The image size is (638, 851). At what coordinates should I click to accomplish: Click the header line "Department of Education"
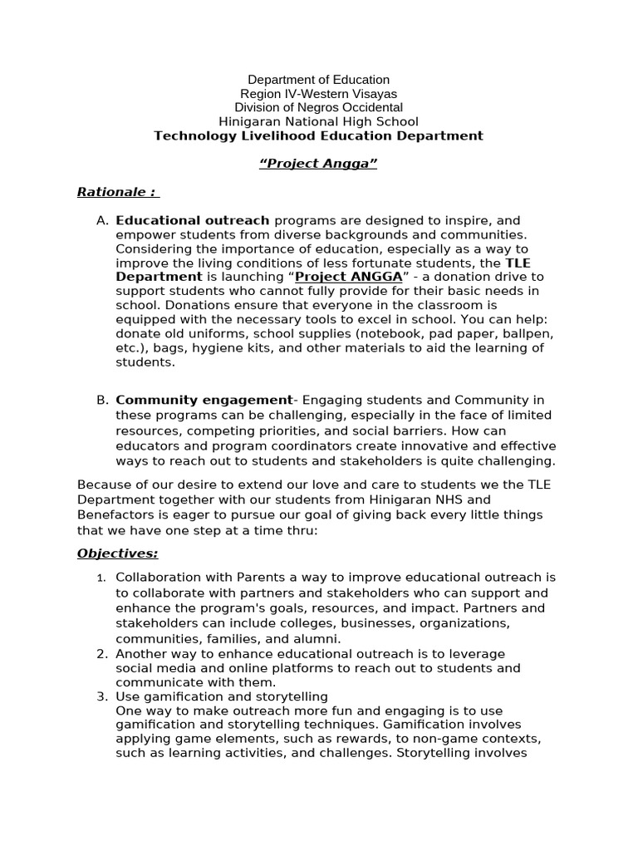tap(318, 80)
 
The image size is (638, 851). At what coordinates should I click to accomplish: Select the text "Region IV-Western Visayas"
tap(318, 94)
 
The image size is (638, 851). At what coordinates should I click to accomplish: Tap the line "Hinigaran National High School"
tap(318, 121)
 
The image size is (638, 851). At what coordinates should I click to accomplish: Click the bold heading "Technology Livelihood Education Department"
tap(318, 135)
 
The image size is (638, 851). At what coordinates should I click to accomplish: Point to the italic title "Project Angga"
tap(318, 164)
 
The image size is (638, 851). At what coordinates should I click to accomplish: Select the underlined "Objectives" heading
tap(117, 553)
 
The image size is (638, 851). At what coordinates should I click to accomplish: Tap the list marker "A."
tap(102, 220)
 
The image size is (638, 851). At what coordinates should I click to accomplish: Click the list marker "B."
tap(102, 401)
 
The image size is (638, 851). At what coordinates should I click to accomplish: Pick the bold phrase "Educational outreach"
tap(193, 220)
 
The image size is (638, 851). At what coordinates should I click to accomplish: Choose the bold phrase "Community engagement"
tap(204, 401)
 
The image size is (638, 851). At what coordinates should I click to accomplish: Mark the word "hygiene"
tap(220, 347)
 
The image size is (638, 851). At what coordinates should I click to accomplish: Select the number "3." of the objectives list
tap(102, 696)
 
